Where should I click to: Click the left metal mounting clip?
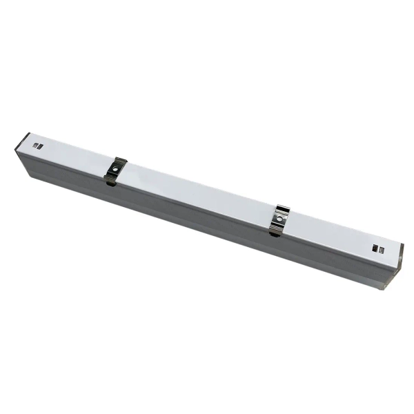pos(115,171)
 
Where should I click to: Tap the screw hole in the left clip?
pos(116,169)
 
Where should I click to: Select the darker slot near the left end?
pos(37,146)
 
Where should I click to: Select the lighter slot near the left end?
pos(41,147)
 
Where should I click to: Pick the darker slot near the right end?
pos(375,247)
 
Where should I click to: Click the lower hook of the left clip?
pos(109,181)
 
